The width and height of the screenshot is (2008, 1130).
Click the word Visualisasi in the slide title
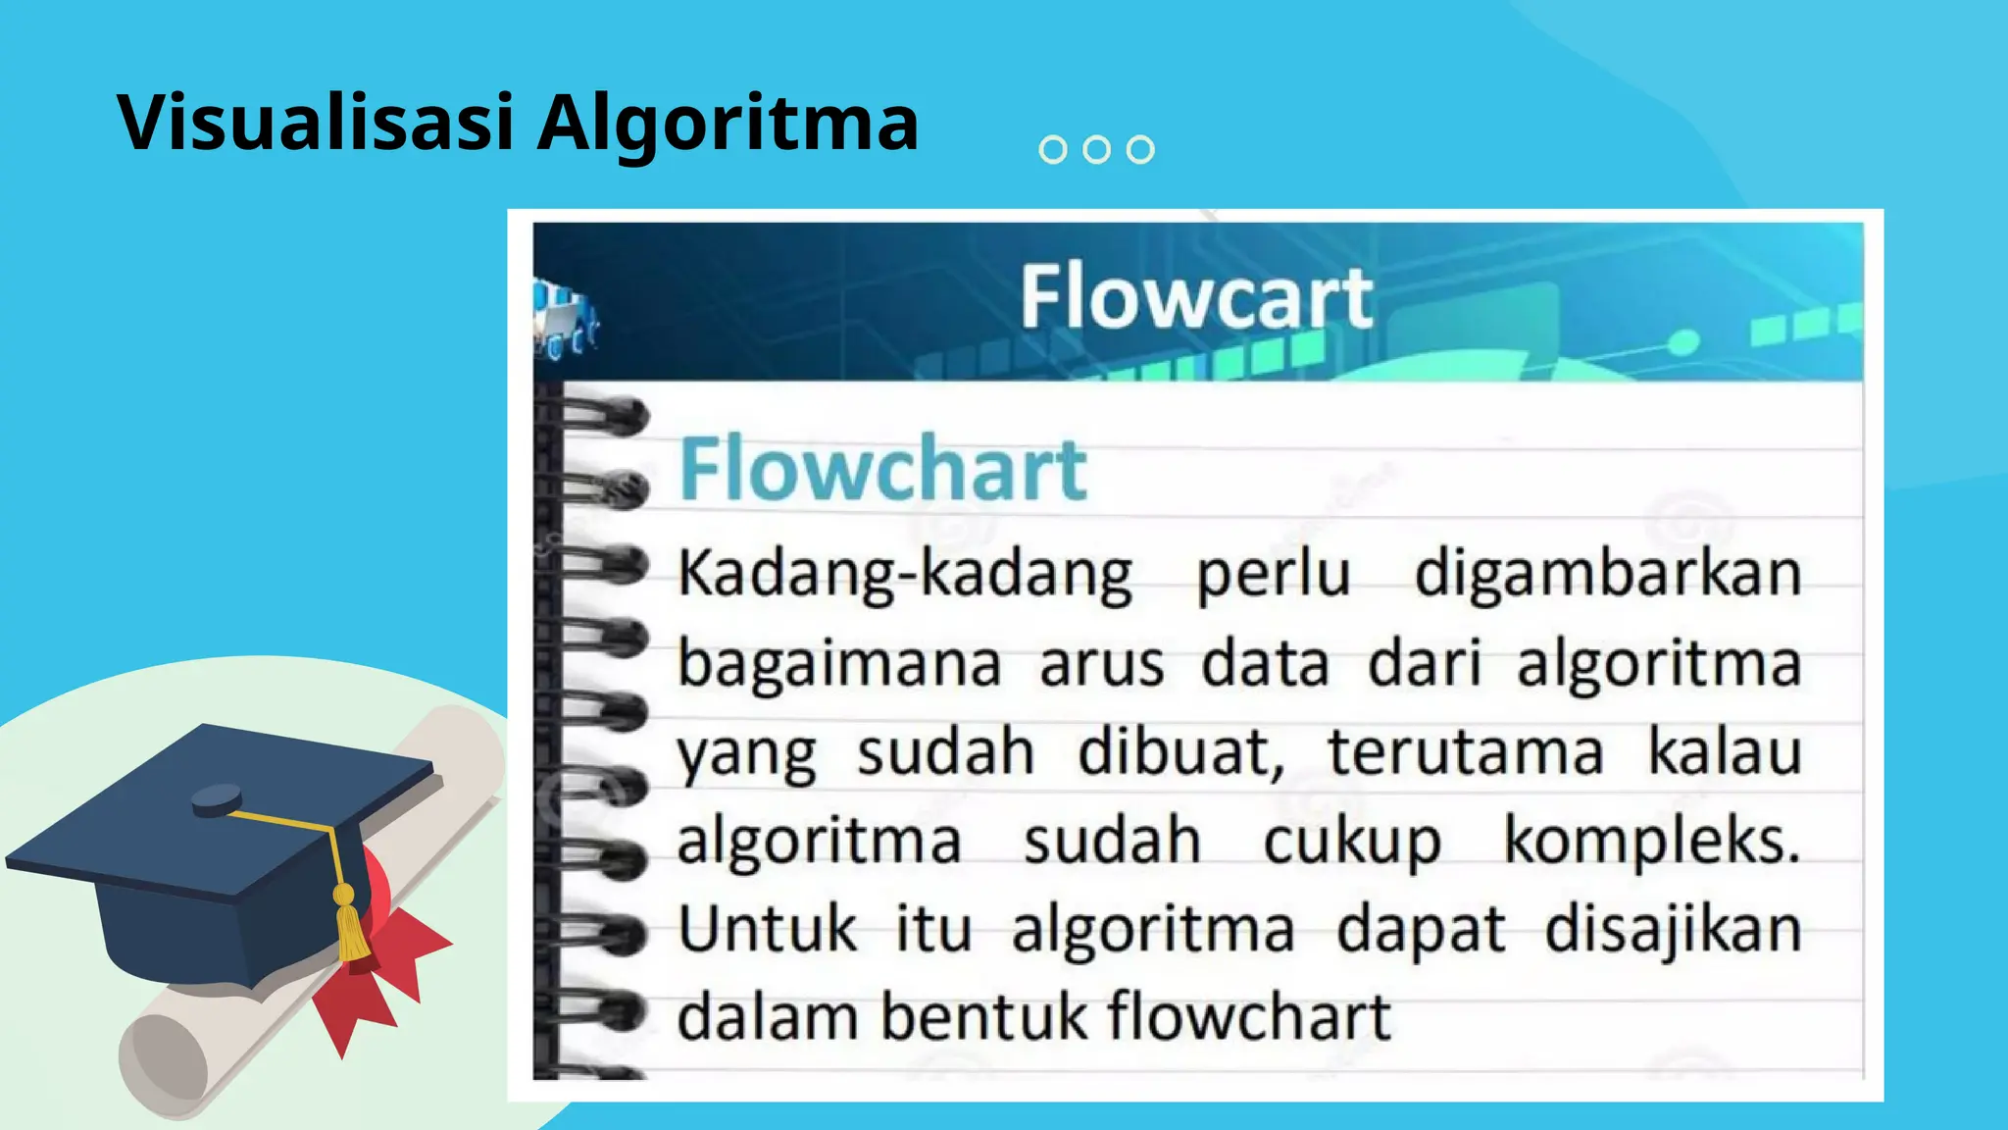click(x=316, y=122)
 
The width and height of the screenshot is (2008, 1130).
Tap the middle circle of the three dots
click(x=1096, y=149)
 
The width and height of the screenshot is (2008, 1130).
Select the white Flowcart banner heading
click(x=1195, y=297)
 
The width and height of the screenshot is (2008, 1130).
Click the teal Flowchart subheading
click(x=882, y=470)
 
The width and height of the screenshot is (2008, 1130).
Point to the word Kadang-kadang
click(x=904, y=575)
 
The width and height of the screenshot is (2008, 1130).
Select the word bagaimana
click(x=839, y=664)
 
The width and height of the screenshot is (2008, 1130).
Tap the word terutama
click(x=1465, y=752)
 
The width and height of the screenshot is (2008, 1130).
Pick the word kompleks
click(x=1652, y=843)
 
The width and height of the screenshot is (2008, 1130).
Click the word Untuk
click(x=767, y=929)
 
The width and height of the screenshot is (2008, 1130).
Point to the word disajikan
click(x=1673, y=931)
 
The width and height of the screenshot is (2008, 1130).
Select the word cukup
click(x=1352, y=843)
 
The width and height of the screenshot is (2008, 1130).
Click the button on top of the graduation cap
click(x=217, y=800)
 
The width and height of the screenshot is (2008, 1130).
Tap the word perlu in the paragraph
click(x=1274, y=575)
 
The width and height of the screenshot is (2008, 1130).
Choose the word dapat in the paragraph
click(x=1421, y=931)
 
